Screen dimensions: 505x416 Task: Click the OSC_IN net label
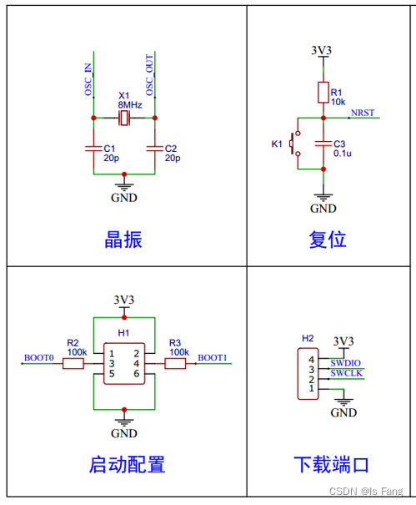pyautogui.click(x=88, y=79)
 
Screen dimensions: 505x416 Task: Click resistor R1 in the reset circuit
pyautogui.click(x=323, y=93)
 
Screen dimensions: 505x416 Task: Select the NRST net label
pyautogui.click(x=363, y=113)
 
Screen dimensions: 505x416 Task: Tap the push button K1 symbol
pyautogui.click(x=293, y=144)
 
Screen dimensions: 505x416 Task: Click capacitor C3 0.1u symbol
pyautogui.click(x=323, y=143)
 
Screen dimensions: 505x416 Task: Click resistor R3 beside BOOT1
pyautogui.click(x=176, y=364)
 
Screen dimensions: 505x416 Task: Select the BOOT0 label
pyautogui.click(x=38, y=358)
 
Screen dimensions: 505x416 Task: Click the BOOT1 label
pyautogui.click(x=212, y=358)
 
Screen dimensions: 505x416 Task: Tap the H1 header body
pyautogui.click(x=124, y=364)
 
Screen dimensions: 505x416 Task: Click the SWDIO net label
pyautogui.click(x=345, y=362)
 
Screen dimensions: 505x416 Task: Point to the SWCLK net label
pyautogui.click(x=345, y=373)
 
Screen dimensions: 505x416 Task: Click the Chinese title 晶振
pyautogui.click(x=123, y=240)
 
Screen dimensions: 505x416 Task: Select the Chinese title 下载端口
pyautogui.click(x=330, y=464)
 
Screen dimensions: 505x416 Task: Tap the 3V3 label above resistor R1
pyautogui.click(x=322, y=51)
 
